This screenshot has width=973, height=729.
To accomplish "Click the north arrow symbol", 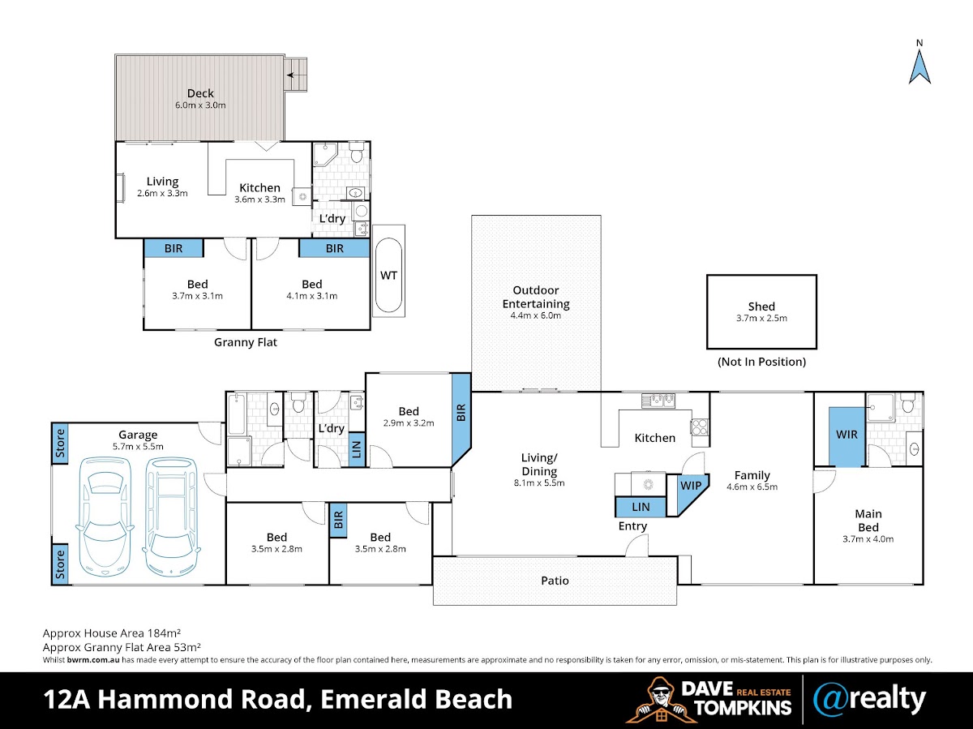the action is [x=919, y=66].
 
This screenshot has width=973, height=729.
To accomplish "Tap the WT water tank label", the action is [x=389, y=275].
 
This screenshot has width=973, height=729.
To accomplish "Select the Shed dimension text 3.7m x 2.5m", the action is [x=761, y=318].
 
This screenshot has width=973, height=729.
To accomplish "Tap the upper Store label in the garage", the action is [x=60, y=443].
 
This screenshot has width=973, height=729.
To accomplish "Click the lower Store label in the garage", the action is [x=60, y=564].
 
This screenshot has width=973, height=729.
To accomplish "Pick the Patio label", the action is [x=555, y=581].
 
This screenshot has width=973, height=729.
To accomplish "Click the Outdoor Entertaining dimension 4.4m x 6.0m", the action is [x=536, y=315].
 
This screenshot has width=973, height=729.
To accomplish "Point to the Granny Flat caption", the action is [x=246, y=342].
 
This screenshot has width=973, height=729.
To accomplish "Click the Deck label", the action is [x=200, y=93].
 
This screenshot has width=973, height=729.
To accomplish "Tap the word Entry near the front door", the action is [x=632, y=526].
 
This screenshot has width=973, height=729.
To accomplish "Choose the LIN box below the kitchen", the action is [x=641, y=508].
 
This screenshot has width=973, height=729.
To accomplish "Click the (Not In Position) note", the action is [x=761, y=362].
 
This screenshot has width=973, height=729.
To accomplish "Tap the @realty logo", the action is [x=869, y=698].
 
